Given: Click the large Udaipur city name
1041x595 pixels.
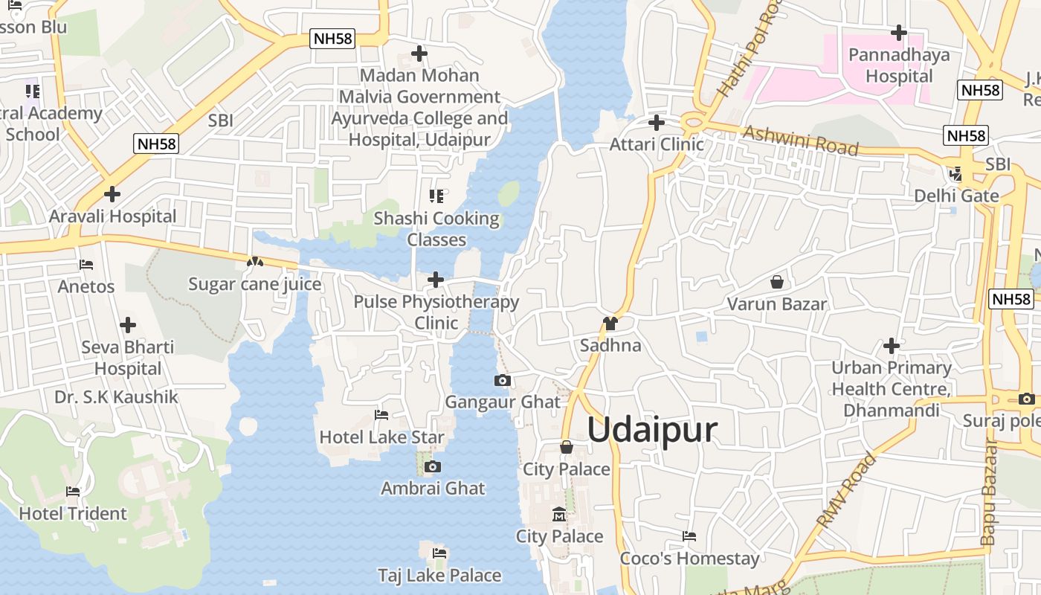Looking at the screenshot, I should point(653,431).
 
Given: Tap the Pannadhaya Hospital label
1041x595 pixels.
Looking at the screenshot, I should point(899,65).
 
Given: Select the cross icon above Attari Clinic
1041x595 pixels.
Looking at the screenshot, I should point(657,122).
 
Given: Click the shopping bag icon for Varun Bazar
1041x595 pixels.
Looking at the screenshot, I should point(777,282).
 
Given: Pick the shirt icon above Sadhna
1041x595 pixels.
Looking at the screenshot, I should point(610,323).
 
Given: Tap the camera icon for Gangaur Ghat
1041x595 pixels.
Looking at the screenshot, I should point(503,380).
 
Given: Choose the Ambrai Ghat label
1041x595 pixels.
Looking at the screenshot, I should point(433,489).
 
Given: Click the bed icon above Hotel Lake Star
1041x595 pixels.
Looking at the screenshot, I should point(381,414).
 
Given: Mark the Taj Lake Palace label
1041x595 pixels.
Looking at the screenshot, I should point(439,576).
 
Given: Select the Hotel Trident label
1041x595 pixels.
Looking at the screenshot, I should point(73,513).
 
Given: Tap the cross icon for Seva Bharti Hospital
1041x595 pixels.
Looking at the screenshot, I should point(128,325).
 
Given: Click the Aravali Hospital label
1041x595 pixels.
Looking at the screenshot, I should point(113,216).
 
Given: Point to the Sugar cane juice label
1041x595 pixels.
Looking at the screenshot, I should point(255,284).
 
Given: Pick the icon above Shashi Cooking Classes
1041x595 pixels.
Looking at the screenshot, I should point(436,196).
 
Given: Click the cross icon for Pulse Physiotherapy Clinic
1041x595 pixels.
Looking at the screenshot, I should point(436,280).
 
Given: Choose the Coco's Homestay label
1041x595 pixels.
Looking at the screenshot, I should point(689,559).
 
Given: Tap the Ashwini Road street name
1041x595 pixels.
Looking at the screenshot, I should point(801,140).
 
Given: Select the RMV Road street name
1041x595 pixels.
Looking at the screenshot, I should point(847,491).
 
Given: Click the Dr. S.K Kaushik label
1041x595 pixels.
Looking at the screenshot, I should point(117,397).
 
